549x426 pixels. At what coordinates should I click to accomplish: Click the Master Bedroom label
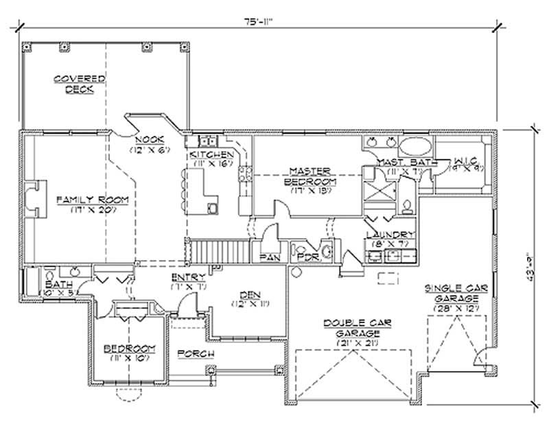pos(311,176)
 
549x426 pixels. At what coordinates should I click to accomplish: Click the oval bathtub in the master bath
pos(415,146)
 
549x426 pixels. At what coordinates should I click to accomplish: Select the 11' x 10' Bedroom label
pos(130,352)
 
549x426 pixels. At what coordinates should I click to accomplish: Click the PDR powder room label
pos(306,257)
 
